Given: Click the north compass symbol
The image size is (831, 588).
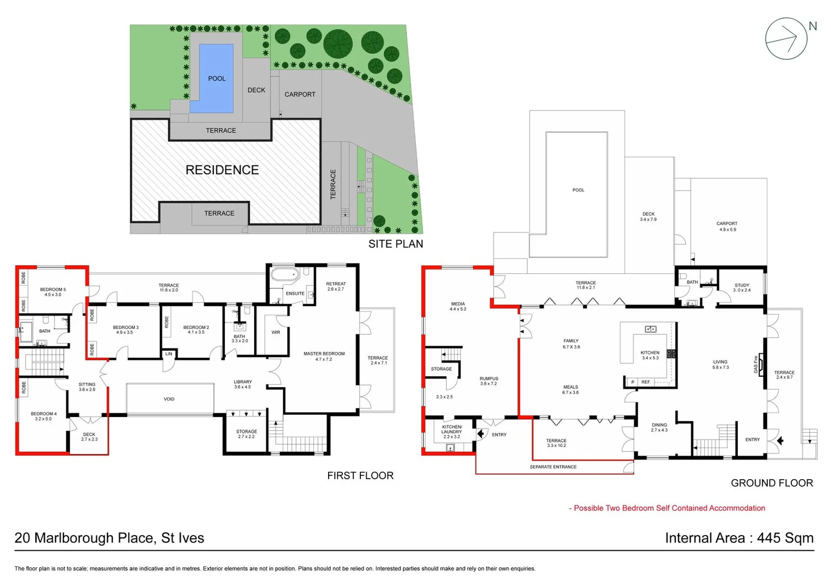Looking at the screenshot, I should (x=786, y=39).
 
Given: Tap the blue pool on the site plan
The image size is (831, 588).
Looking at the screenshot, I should (x=216, y=78).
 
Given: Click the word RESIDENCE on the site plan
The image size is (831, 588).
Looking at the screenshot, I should (x=222, y=170).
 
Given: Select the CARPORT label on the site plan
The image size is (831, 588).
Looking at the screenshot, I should (x=300, y=94).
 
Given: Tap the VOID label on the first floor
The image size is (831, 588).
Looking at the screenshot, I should (x=169, y=399).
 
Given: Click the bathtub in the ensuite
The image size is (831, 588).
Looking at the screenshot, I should (x=285, y=274).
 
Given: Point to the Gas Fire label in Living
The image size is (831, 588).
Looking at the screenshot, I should (x=755, y=364).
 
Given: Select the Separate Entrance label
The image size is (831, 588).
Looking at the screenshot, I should (x=553, y=467).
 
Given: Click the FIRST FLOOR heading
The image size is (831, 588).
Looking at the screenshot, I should (x=360, y=475).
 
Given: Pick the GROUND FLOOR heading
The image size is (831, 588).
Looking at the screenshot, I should (x=772, y=483).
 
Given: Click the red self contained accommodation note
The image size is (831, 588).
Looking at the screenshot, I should (x=668, y=508).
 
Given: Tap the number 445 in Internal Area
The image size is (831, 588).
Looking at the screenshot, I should (x=769, y=538).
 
